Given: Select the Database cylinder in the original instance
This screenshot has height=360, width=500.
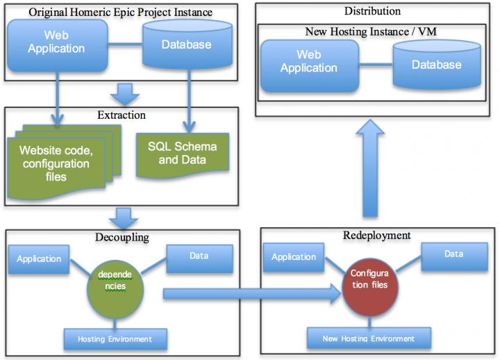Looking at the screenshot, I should pos(187,45).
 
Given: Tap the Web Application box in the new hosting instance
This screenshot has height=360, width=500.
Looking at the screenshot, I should pos(308,61).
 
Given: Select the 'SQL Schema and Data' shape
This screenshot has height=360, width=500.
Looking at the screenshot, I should pos(182,153).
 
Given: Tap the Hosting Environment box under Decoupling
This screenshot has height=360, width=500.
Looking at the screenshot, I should pos(117,338).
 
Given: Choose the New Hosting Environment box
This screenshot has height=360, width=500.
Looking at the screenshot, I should pos(369,338).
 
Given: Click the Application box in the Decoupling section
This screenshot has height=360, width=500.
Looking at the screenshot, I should pos(39,259).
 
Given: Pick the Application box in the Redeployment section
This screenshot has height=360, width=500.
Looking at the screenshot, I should pos(293,257).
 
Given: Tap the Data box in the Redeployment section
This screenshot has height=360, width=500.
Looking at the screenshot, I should pos(453,254).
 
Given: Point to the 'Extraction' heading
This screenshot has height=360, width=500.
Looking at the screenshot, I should pos(122,114).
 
